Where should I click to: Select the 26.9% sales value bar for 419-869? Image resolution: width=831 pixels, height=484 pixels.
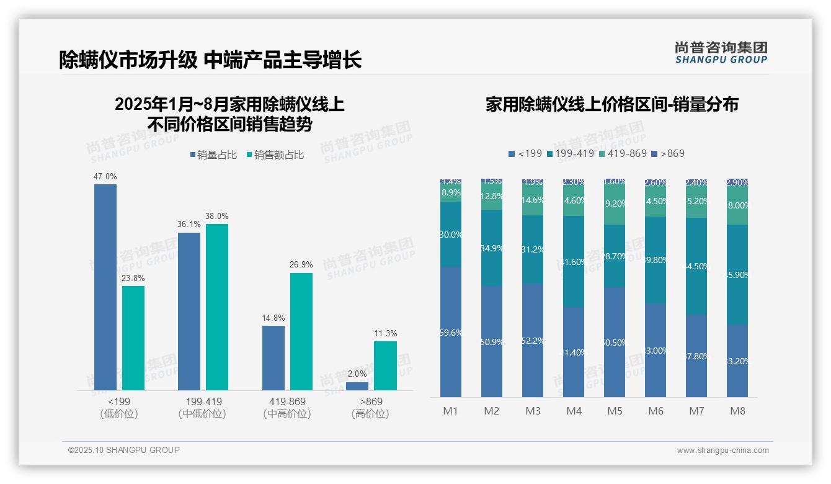pyautogui.click(x=301, y=331)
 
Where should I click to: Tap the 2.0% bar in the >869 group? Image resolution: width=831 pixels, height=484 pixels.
pyautogui.click(x=357, y=386)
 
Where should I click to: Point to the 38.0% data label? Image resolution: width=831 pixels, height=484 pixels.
pyautogui.click(x=217, y=217)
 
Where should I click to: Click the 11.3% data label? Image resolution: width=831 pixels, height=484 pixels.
pyautogui.click(x=385, y=334)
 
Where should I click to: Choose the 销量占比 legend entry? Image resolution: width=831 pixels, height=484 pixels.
pyautogui.click(x=213, y=155)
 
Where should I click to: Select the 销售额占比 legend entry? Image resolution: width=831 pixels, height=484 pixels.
pyautogui.click(x=275, y=155)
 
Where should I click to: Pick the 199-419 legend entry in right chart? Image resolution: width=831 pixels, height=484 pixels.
pyautogui.click(x=570, y=153)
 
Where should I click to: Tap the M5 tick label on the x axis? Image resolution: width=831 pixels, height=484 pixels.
pyautogui.click(x=615, y=411)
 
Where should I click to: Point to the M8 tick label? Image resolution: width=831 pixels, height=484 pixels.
pyautogui.click(x=737, y=411)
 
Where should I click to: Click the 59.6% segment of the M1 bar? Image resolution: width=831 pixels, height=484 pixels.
pyautogui.click(x=451, y=332)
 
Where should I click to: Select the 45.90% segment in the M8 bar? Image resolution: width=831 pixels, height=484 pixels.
pyautogui.click(x=737, y=274)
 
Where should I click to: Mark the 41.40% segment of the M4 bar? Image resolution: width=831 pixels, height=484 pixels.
pyautogui.click(x=574, y=352)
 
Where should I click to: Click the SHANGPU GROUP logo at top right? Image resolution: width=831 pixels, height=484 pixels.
pyautogui.click(x=721, y=53)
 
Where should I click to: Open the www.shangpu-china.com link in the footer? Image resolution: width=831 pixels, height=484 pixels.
pyautogui.click(x=722, y=450)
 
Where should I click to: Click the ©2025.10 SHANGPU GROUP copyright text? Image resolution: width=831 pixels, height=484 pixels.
pyautogui.click(x=124, y=450)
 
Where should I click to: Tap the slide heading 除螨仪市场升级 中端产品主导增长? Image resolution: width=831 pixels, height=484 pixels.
pyautogui.click(x=210, y=60)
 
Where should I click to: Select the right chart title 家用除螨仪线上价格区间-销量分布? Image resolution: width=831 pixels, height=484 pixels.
pyautogui.click(x=611, y=104)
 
